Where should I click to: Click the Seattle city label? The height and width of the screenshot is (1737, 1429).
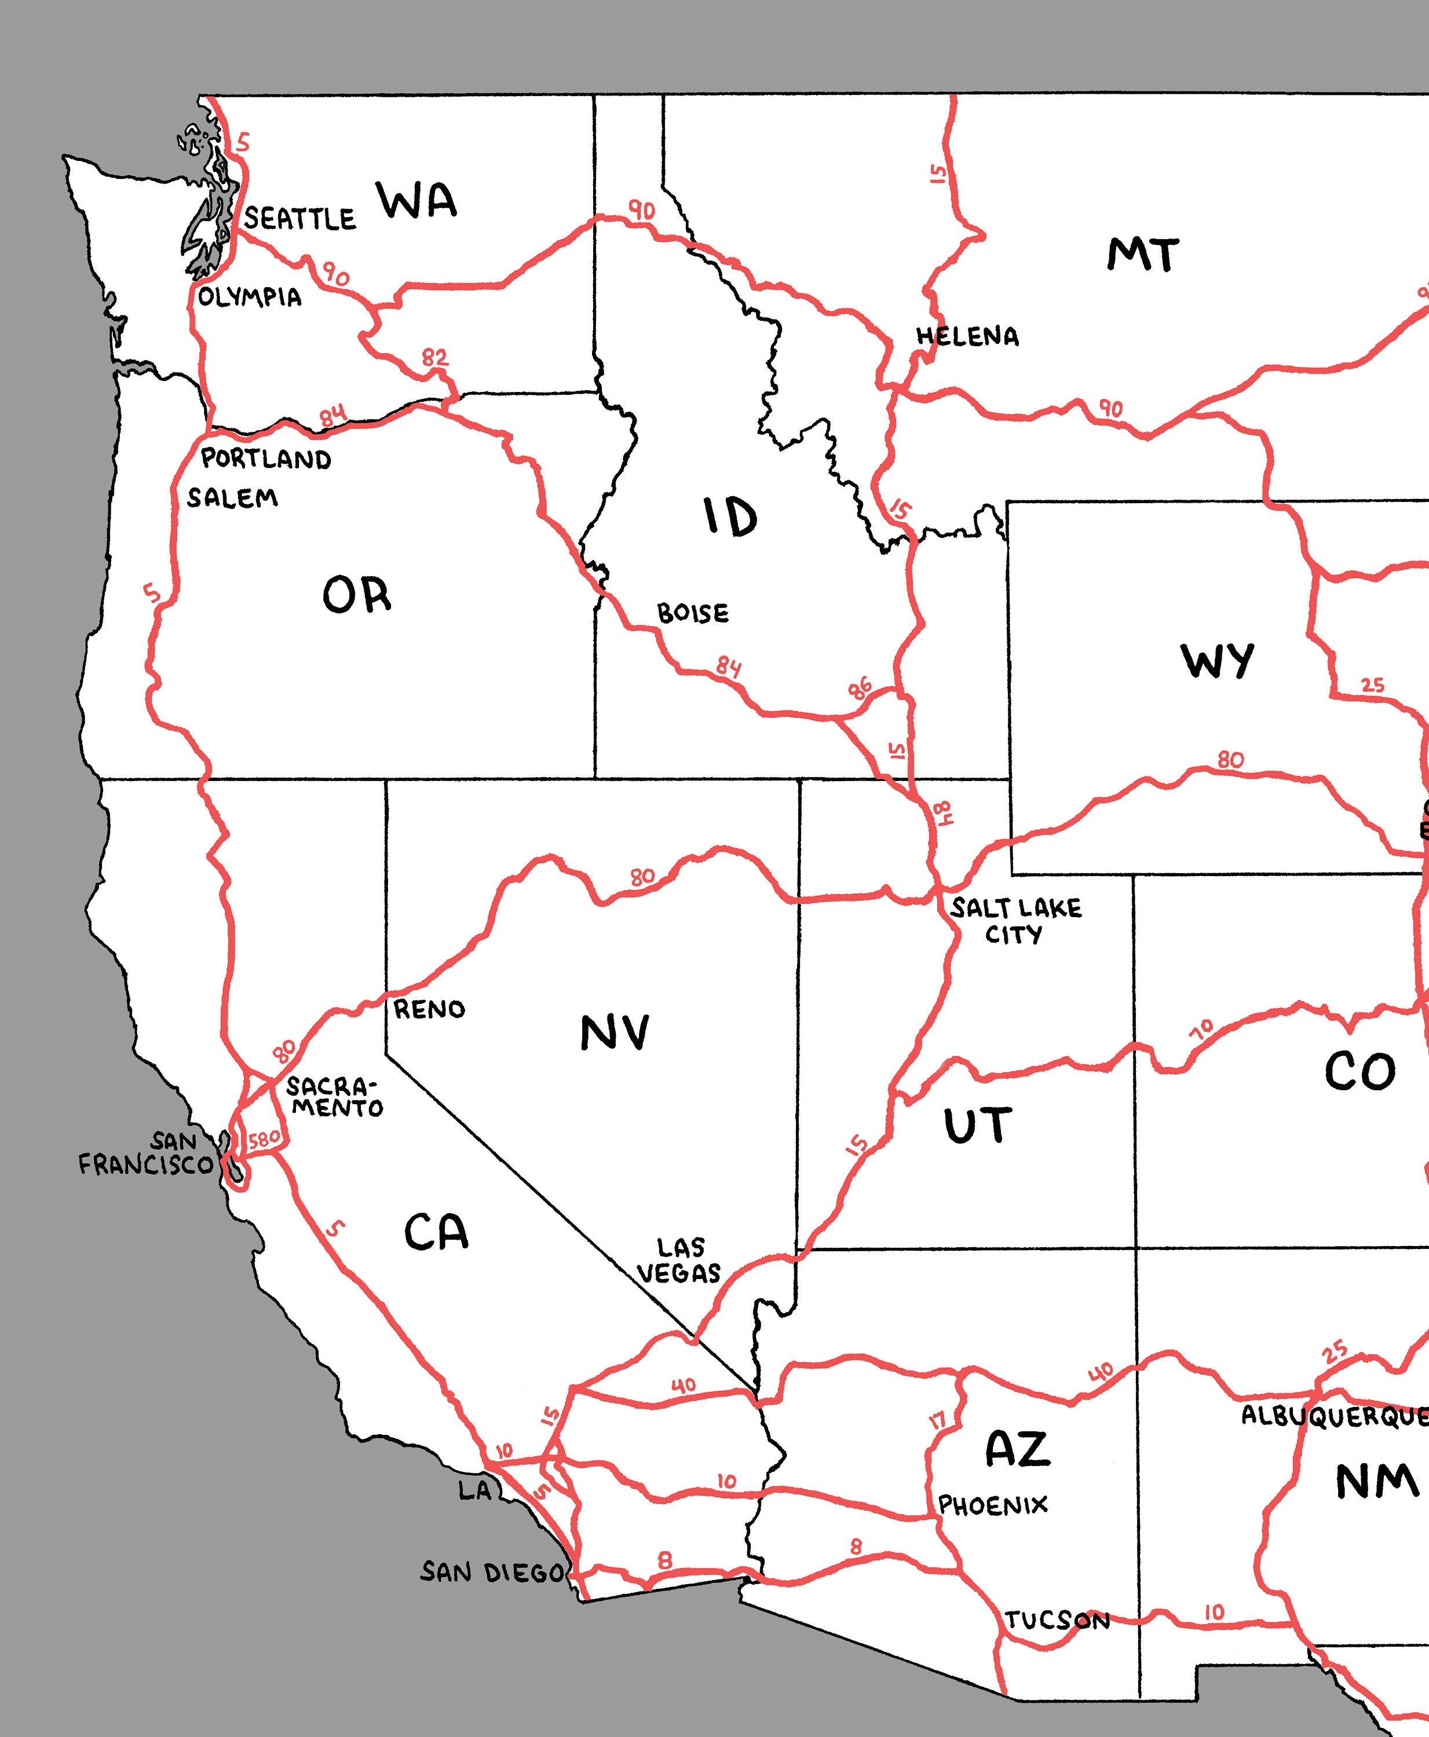click(x=299, y=218)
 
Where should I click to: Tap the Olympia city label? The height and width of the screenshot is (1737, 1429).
click(x=250, y=297)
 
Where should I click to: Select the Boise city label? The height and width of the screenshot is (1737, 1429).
click(x=692, y=613)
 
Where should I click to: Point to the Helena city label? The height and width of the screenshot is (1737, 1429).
click(x=967, y=336)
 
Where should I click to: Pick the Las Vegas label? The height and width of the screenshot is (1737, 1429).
click(x=679, y=1260)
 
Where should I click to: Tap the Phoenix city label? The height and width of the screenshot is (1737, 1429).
click(x=993, y=1505)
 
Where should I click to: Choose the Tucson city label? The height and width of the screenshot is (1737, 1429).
click(x=1058, y=1620)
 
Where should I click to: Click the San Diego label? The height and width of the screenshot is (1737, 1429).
click(x=493, y=1573)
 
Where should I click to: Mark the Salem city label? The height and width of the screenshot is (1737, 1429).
click(x=232, y=498)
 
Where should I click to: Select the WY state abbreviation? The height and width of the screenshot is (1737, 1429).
click(x=1218, y=661)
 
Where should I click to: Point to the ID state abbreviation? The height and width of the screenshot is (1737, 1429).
click(x=730, y=518)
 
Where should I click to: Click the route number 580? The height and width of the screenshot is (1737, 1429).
click(x=264, y=1139)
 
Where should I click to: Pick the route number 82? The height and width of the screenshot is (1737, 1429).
click(x=434, y=358)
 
